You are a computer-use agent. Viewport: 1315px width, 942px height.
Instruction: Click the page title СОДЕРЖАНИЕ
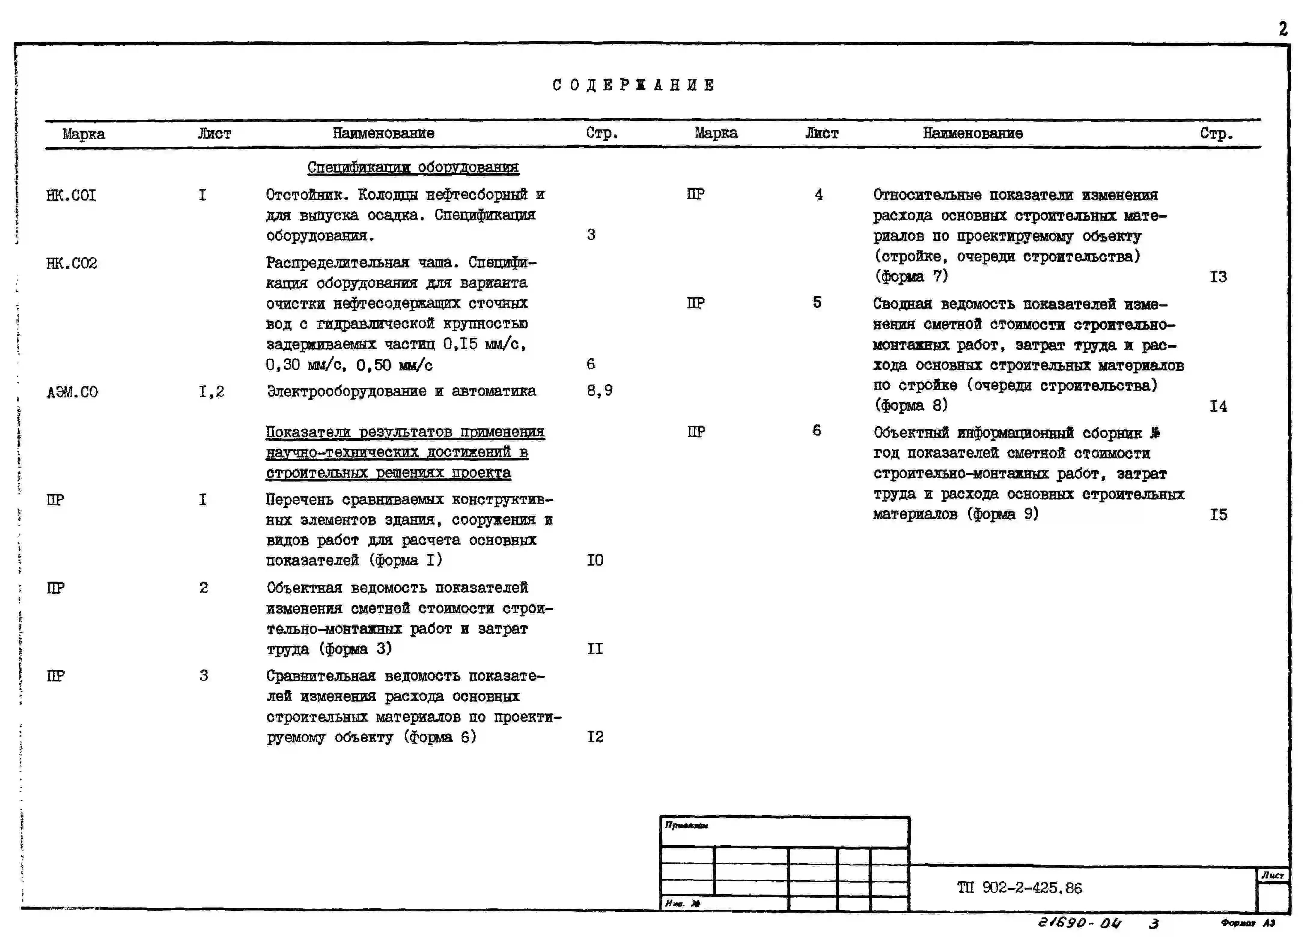(633, 85)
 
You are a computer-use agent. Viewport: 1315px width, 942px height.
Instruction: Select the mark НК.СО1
(71, 195)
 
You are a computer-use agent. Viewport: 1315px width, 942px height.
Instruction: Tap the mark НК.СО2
(71, 264)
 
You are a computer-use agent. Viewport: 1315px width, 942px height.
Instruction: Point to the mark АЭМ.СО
(72, 392)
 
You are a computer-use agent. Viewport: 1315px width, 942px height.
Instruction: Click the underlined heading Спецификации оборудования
(413, 168)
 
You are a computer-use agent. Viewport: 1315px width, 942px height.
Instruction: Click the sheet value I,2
(211, 392)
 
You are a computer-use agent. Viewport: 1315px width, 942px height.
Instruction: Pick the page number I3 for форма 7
(1218, 277)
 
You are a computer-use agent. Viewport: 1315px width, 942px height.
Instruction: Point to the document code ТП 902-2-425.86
(1019, 888)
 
